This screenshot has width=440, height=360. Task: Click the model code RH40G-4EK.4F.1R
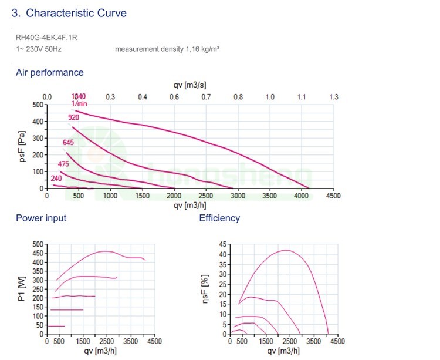click(47, 38)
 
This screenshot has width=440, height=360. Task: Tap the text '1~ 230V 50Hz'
click(39, 49)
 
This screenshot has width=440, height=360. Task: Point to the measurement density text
click(167, 49)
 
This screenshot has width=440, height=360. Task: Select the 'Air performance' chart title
click(50, 73)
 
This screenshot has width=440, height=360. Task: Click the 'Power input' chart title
click(41, 218)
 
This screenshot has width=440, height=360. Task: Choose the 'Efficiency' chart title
click(219, 218)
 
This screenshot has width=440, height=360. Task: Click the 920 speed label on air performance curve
click(73, 117)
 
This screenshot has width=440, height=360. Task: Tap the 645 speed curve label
click(68, 143)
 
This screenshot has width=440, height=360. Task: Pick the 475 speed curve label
click(64, 164)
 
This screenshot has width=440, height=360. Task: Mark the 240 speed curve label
click(56, 179)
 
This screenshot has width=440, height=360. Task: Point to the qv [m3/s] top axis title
click(189, 85)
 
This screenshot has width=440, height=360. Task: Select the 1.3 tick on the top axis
click(333, 96)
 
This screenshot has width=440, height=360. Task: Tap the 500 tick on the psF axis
click(38, 105)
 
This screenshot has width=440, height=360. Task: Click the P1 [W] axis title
click(21, 289)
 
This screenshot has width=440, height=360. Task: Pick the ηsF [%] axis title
click(205, 289)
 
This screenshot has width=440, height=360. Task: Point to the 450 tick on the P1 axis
click(38, 253)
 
